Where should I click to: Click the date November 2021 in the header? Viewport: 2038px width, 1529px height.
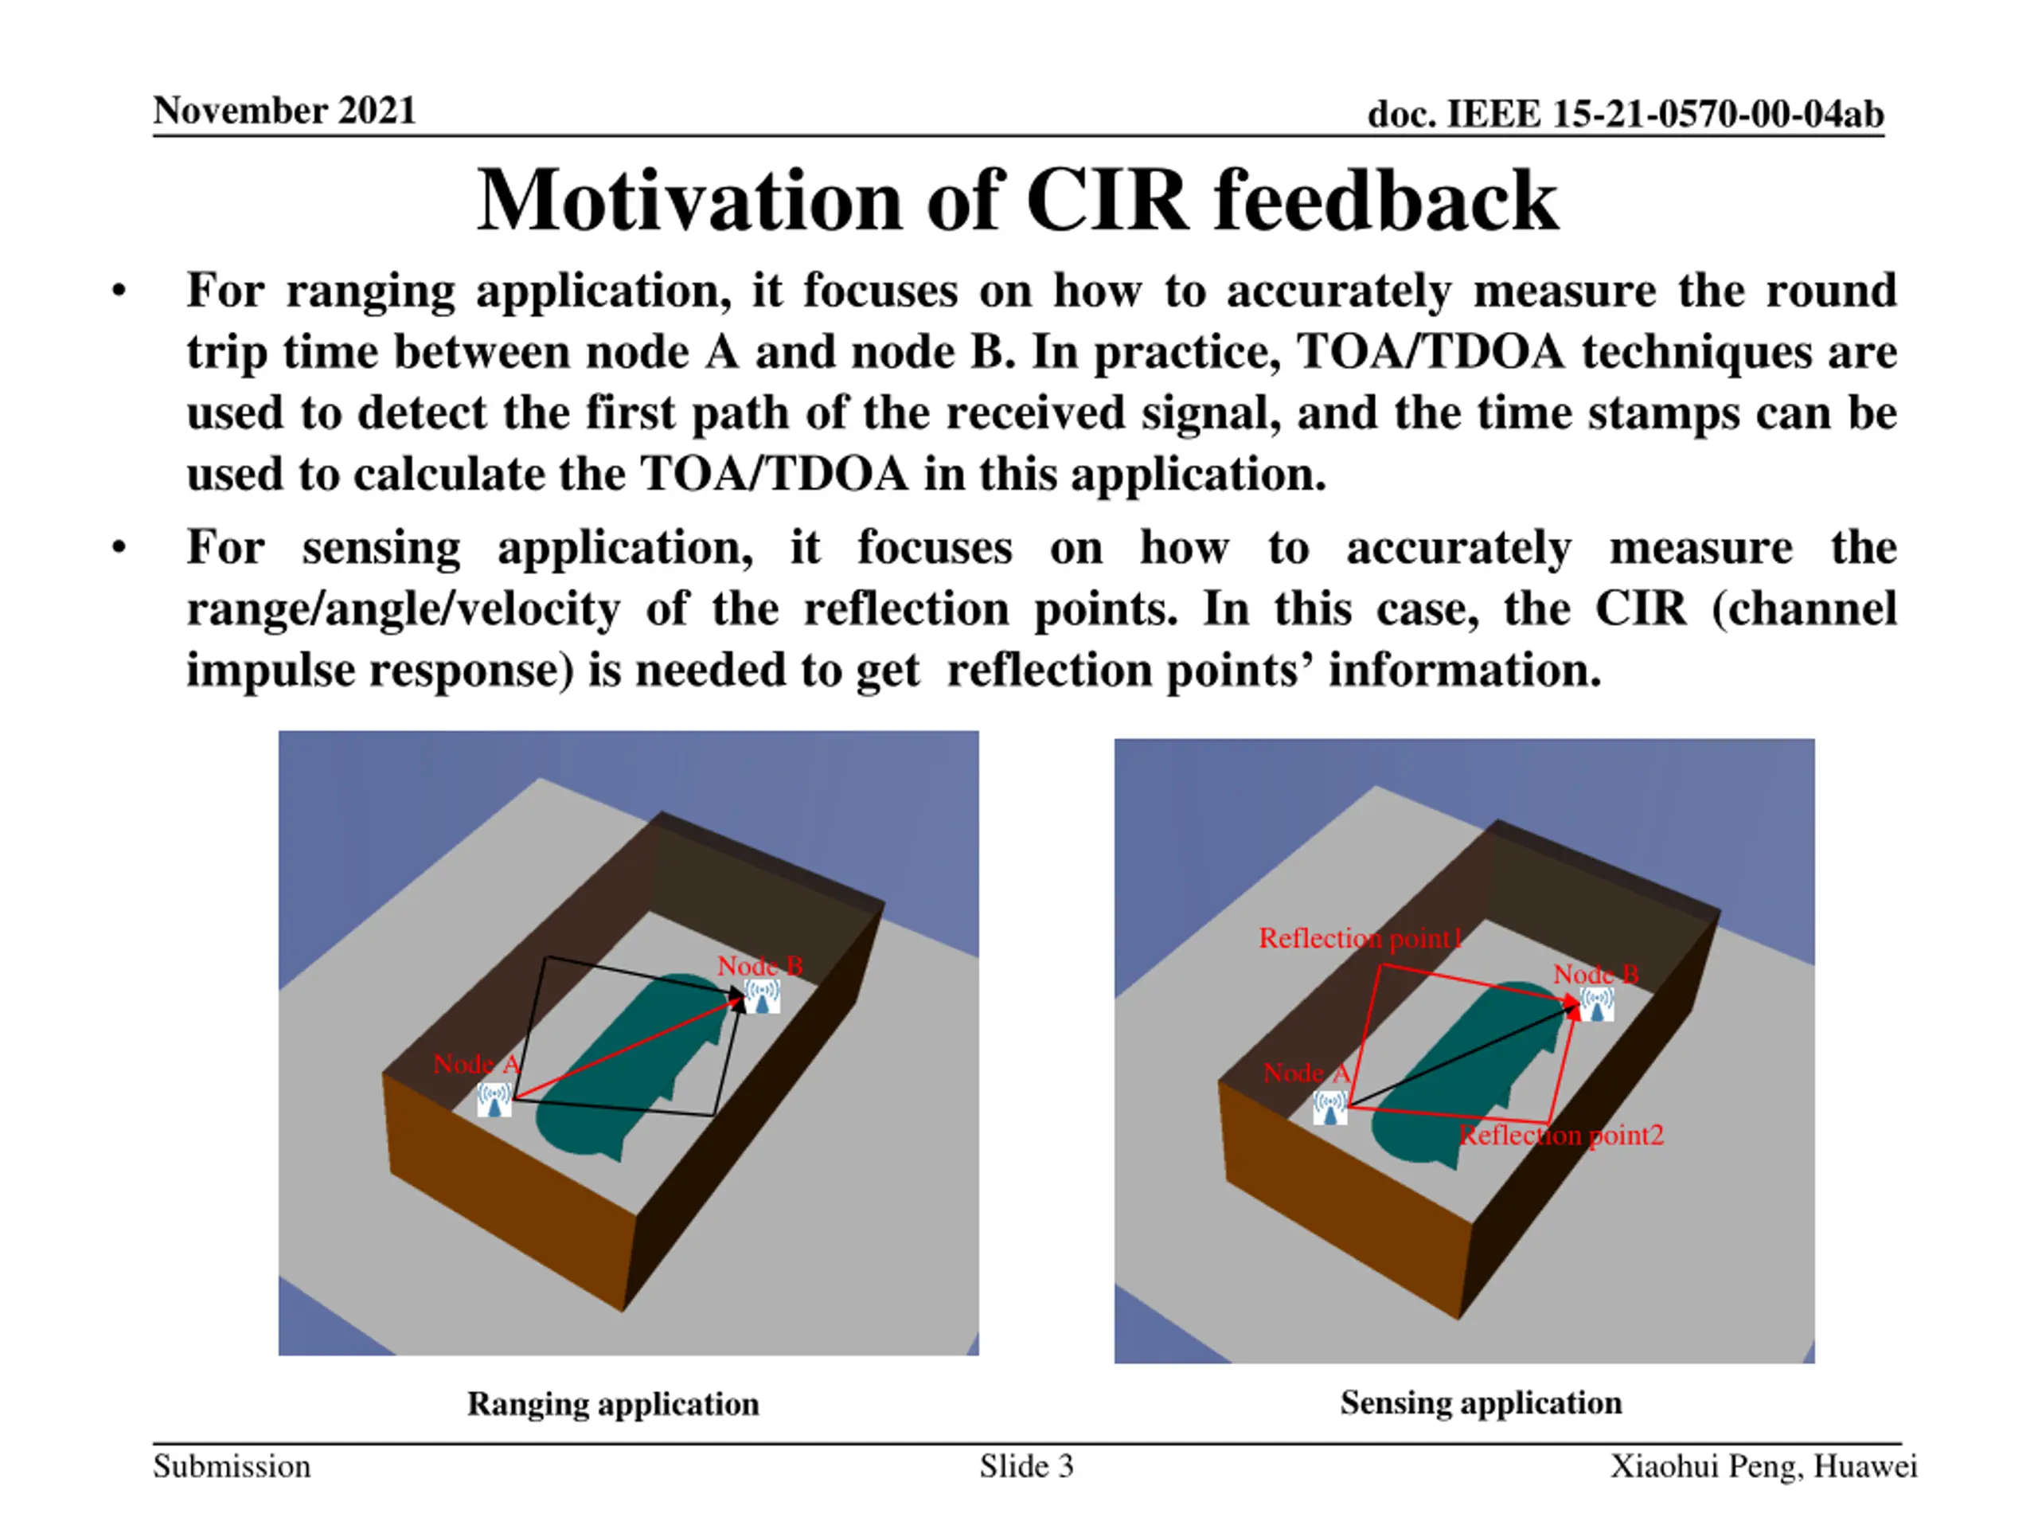(x=283, y=111)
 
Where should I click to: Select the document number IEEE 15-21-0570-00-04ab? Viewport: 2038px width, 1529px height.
(x=1626, y=115)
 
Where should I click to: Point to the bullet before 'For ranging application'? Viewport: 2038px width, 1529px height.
(x=119, y=292)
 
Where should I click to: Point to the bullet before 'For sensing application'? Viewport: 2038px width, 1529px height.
(x=119, y=549)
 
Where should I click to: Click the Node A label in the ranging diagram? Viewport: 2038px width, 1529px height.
(x=476, y=1065)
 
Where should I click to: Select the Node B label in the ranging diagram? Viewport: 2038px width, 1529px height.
(x=760, y=966)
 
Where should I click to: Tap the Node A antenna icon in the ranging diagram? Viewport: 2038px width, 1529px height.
(x=494, y=1100)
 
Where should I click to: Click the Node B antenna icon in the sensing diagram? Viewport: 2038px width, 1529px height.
(x=1597, y=1003)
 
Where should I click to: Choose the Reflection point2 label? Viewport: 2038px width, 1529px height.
(x=1562, y=1136)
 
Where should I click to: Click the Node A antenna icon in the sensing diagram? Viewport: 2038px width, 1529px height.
(x=1329, y=1107)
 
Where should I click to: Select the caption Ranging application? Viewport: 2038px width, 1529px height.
(x=613, y=1404)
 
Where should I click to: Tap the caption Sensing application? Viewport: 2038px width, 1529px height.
(x=1481, y=1402)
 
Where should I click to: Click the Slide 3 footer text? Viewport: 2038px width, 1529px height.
(x=1026, y=1466)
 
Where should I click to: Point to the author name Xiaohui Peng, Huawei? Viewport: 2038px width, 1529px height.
(x=1763, y=1466)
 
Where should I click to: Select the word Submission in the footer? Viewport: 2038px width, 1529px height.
(x=231, y=1466)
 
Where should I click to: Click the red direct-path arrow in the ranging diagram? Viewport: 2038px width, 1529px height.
(x=627, y=1050)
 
